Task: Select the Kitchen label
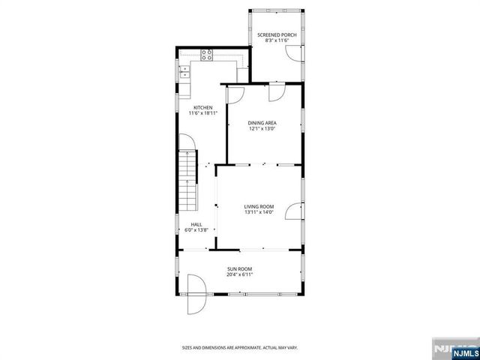(202, 107)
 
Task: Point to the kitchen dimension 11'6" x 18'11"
(202, 113)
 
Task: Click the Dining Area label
(262, 121)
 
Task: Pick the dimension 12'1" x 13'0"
(262, 127)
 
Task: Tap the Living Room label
(259, 206)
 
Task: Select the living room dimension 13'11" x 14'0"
(259, 212)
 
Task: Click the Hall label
(196, 224)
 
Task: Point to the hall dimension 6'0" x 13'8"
(196, 230)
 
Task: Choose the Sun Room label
(240, 268)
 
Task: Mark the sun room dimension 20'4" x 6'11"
(240, 274)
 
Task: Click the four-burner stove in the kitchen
(207, 54)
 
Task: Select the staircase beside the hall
(187, 180)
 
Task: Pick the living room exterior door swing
(292, 214)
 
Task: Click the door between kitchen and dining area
(235, 93)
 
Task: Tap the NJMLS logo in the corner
(457, 348)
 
